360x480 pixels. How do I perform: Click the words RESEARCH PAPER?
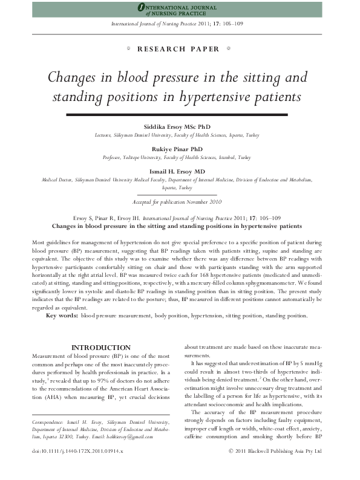180,49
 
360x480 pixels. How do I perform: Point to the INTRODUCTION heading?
100,348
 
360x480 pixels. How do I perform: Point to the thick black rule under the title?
180,114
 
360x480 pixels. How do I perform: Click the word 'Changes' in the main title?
75,78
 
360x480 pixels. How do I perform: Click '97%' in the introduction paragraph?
111,375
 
